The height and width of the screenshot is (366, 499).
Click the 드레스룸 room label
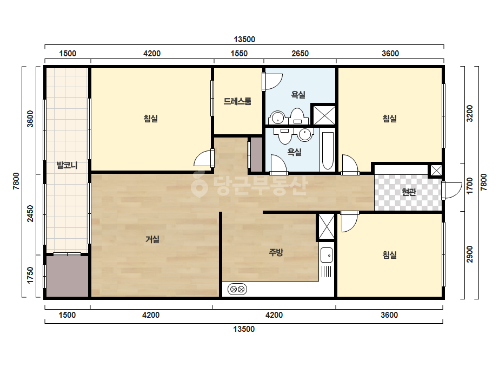(x=237, y=101)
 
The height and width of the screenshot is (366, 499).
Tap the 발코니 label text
(x=67, y=165)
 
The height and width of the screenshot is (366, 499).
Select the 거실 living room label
(x=152, y=239)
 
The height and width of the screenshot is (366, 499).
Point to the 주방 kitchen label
(x=276, y=252)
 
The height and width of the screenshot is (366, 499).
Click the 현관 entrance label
(x=409, y=192)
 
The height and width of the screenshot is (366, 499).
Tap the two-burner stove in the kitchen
(x=237, y=289)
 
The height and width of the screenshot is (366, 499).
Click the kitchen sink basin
(x=327, y=255)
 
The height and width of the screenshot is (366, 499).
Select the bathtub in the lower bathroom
(x=328, y=151)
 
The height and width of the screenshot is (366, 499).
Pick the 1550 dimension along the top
(x=239, y=53)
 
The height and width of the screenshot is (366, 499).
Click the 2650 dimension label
(x=300, y=53)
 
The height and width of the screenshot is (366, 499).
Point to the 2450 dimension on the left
(x=30, y=214)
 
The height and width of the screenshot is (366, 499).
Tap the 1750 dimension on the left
(x=30, y=275)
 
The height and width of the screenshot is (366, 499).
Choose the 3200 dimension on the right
(x=470, y=113)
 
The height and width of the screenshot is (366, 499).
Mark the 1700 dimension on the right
(x=470, y=186)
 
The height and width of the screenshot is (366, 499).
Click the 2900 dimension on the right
(x=470, y=254)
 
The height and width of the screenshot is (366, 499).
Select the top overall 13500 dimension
(x=244, y=39)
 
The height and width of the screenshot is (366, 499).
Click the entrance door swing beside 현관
(x=451, y=191)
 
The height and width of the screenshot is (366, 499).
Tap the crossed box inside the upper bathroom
(x=324, y=115)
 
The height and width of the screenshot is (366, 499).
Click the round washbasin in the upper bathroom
(x=277, y=117)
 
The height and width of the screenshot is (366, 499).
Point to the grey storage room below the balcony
(x=67, y=276)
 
